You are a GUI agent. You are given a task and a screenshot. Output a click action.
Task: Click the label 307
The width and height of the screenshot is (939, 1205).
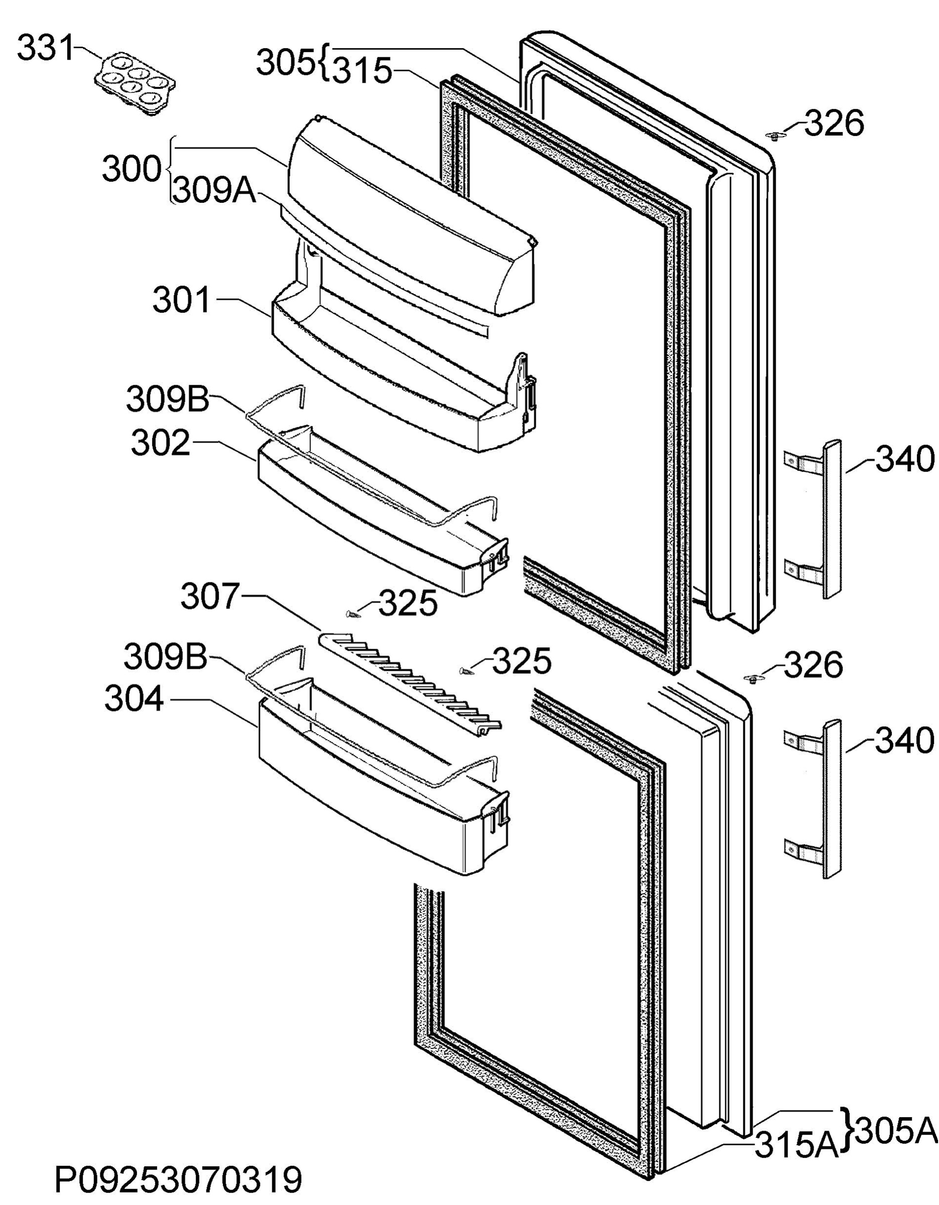click(x=211, y=597)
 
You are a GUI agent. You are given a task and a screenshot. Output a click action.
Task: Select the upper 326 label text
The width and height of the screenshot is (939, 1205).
click(x=834, y=123)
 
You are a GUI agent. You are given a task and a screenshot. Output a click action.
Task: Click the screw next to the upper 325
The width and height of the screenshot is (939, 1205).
click(x=352, y=613)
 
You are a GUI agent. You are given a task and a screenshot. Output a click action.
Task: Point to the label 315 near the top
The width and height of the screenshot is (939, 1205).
click(x=363, y=71)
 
